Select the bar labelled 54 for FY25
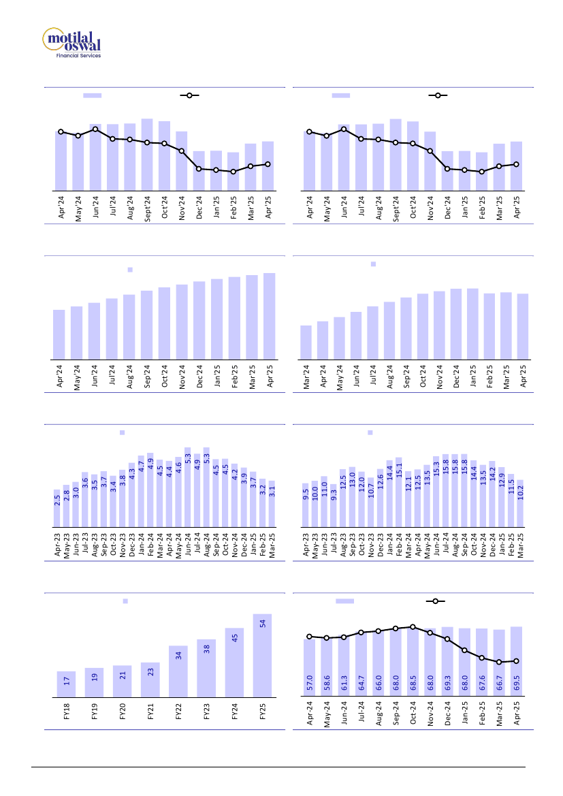(x=262, y=656)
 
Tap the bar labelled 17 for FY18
(x=66, y=684)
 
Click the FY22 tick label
(x=178, y=712)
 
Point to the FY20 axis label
(x=123, y=712)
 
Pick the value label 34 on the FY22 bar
(x=178, y=656)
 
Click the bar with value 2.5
(x=57, y=508)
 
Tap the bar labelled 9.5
(x=306, y=505)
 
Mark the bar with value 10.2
(x=520, y=503)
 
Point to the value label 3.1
(x=272, y=490)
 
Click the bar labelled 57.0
(x=310, y=668)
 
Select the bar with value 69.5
(x=516, y=662)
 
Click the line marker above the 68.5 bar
(x=413, y=626)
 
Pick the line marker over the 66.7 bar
(x=499, y=662)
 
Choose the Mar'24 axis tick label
(x=306, y=378)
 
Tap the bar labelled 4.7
(x=141, y=491)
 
